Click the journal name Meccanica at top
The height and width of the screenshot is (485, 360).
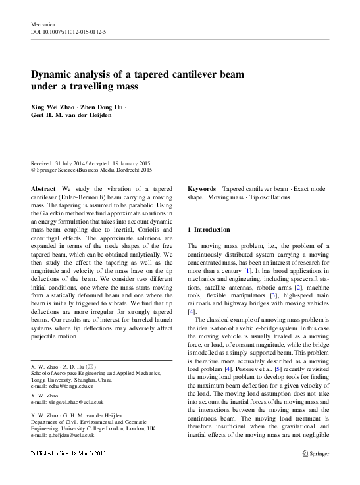click(x=42, y=23)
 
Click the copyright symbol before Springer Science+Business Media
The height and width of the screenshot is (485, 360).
click(x=34, y=169)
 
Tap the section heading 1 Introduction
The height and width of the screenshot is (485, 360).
click(x=209, y=230)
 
